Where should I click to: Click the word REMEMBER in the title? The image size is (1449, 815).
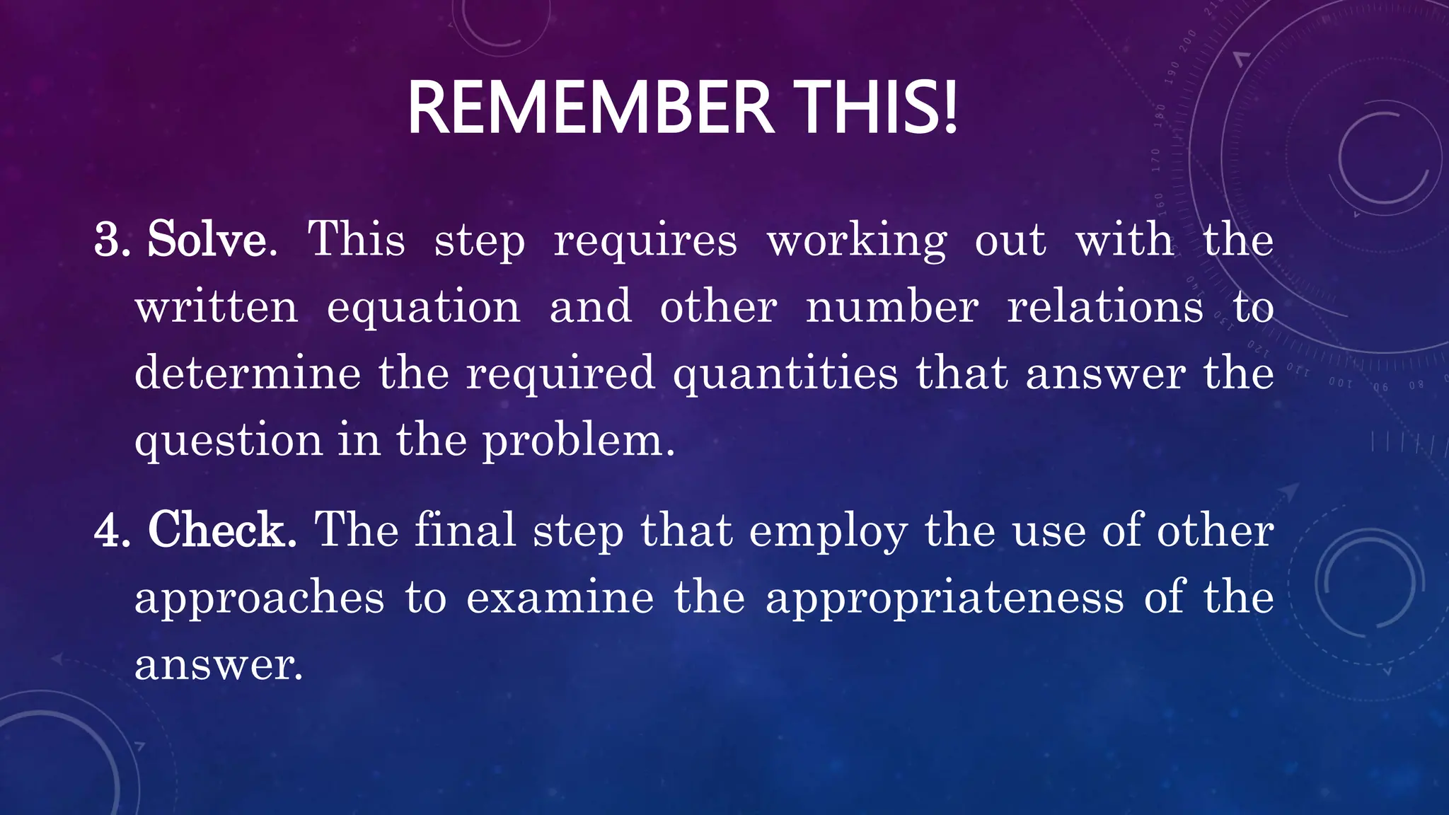point(591,108)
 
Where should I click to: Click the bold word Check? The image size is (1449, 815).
point(221,530)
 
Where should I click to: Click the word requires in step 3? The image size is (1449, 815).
point(645,241)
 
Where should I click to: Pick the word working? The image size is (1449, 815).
point(857,241)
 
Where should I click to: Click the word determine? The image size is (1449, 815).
point(248,373)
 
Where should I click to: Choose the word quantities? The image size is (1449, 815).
point(785,374)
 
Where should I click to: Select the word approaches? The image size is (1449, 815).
point(260,599)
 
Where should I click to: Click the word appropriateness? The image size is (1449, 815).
point(945,599)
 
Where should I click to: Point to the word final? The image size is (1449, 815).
point(465,530)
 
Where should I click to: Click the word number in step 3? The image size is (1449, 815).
point(892,307)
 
